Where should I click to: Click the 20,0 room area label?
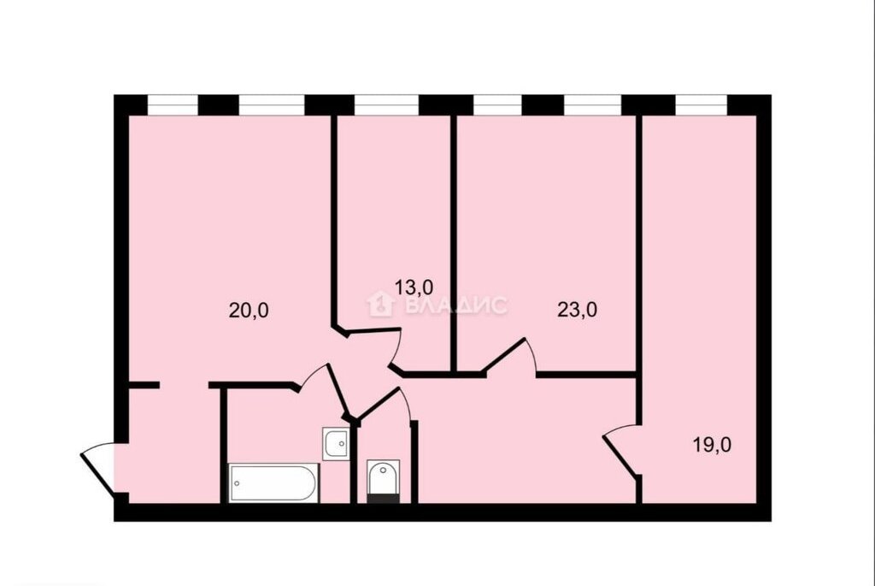249,310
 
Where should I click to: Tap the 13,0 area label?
414,287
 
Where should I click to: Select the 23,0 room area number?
577,310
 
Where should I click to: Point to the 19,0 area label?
712,445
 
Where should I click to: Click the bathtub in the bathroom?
273,482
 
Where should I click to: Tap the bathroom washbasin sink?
336,443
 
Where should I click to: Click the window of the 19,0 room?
702,105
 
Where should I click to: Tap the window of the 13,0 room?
387,105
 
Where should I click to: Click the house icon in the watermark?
381,305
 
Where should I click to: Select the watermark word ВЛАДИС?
456,305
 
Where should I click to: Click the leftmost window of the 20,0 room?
173,105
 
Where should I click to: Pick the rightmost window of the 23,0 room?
593,105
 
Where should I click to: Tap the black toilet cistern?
383,498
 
